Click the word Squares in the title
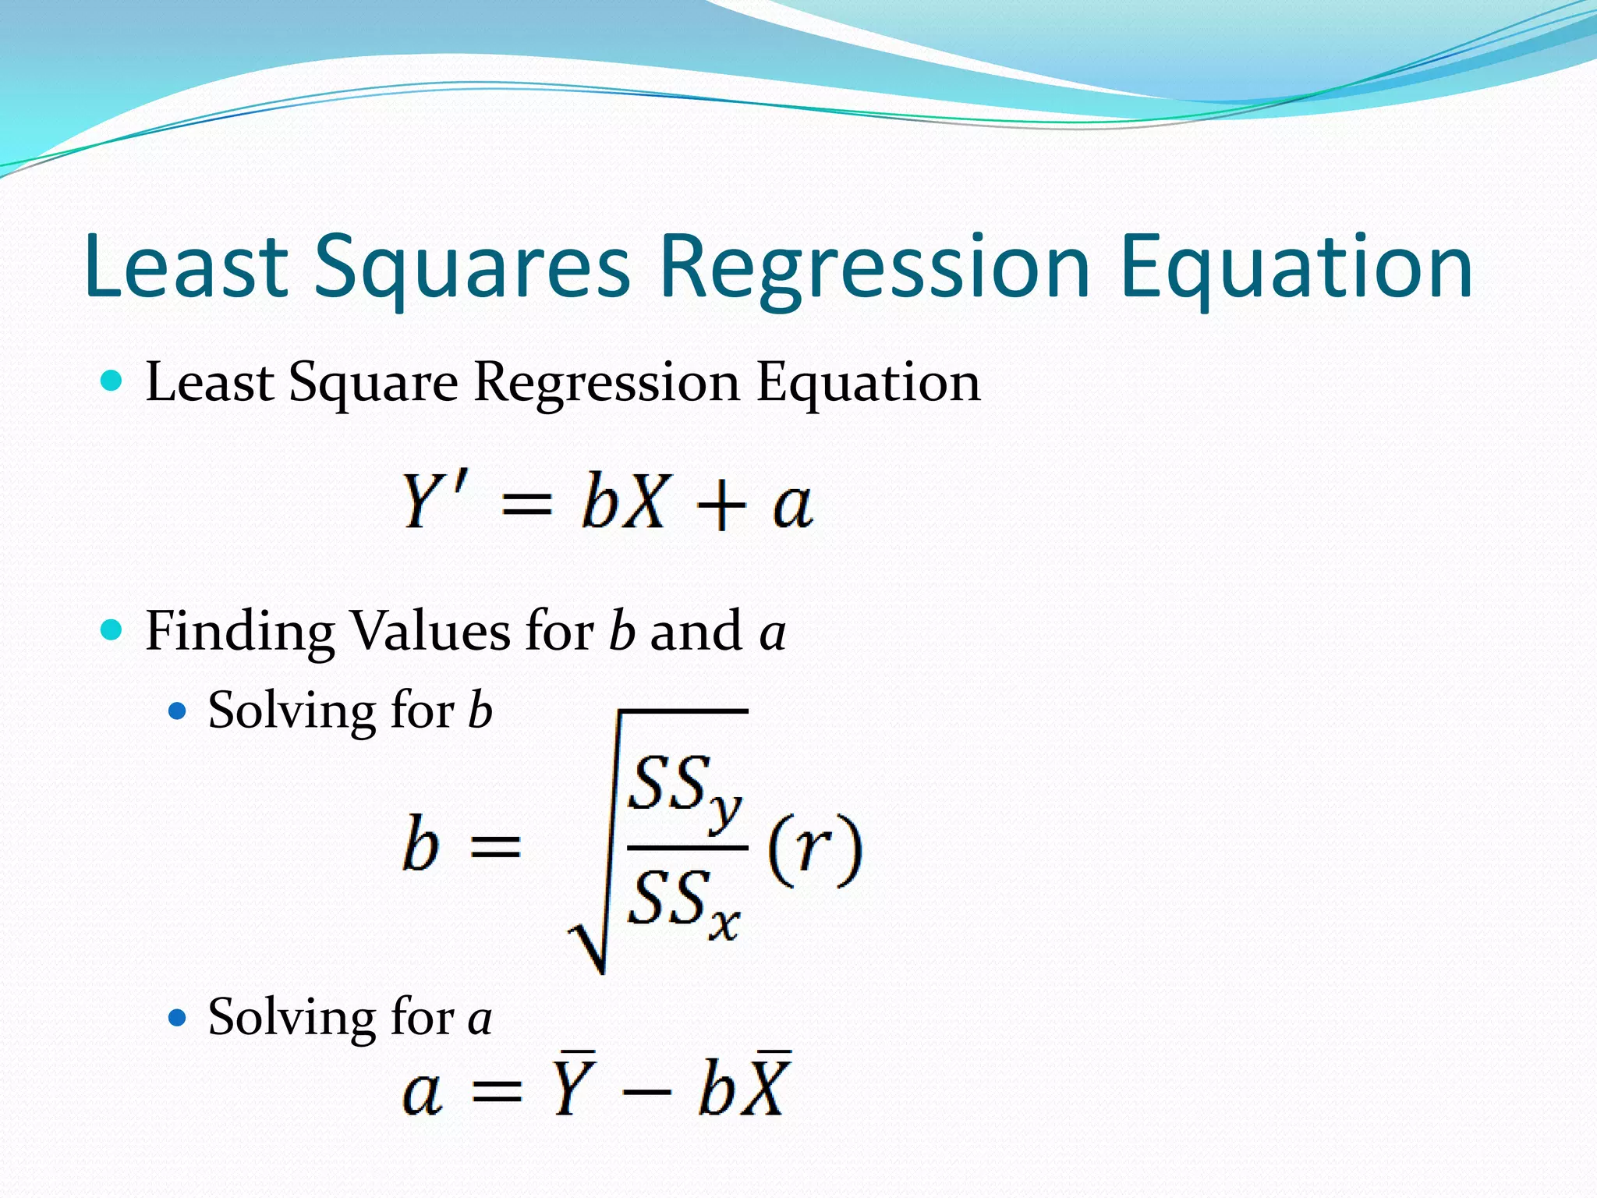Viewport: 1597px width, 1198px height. (x=472, y=267)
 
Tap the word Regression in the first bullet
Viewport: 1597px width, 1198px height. (x=607, y=383)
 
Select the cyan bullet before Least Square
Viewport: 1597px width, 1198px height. (x=112, y=381)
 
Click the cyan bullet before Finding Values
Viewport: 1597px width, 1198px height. (x=112, y=629)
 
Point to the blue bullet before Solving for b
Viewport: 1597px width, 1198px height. (x=179, y=711)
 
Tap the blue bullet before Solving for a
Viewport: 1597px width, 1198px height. (x=179, y=1018)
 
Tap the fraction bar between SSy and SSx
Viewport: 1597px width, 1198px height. (x=686, y=847)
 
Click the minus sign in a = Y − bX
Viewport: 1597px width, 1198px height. (x=646, y=1091)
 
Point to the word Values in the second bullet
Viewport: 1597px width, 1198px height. (x=431, y=631)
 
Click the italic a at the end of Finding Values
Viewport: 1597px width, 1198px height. (x=772, y=633)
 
